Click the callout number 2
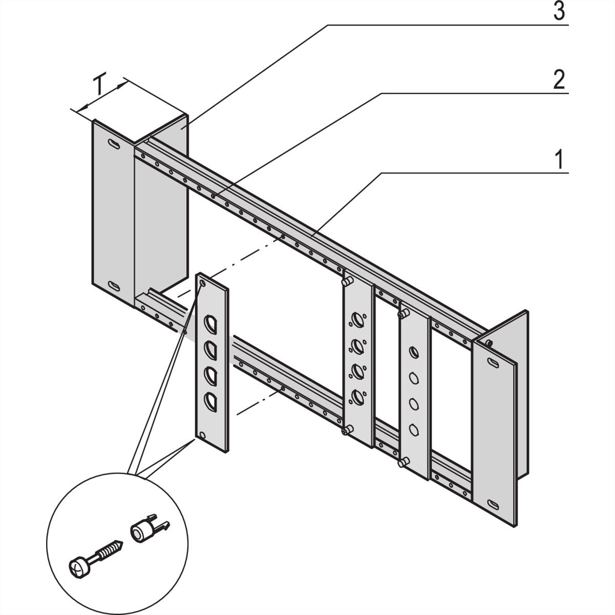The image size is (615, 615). click(x=559, y=80)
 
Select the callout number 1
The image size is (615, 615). click(x=560, y=160)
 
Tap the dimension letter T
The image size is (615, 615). click(x=100, y=86)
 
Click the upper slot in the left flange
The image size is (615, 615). click(x=114, y=144)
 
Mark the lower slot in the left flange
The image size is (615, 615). click(x=114, y=286)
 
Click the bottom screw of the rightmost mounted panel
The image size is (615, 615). click(x=401, y=463)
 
